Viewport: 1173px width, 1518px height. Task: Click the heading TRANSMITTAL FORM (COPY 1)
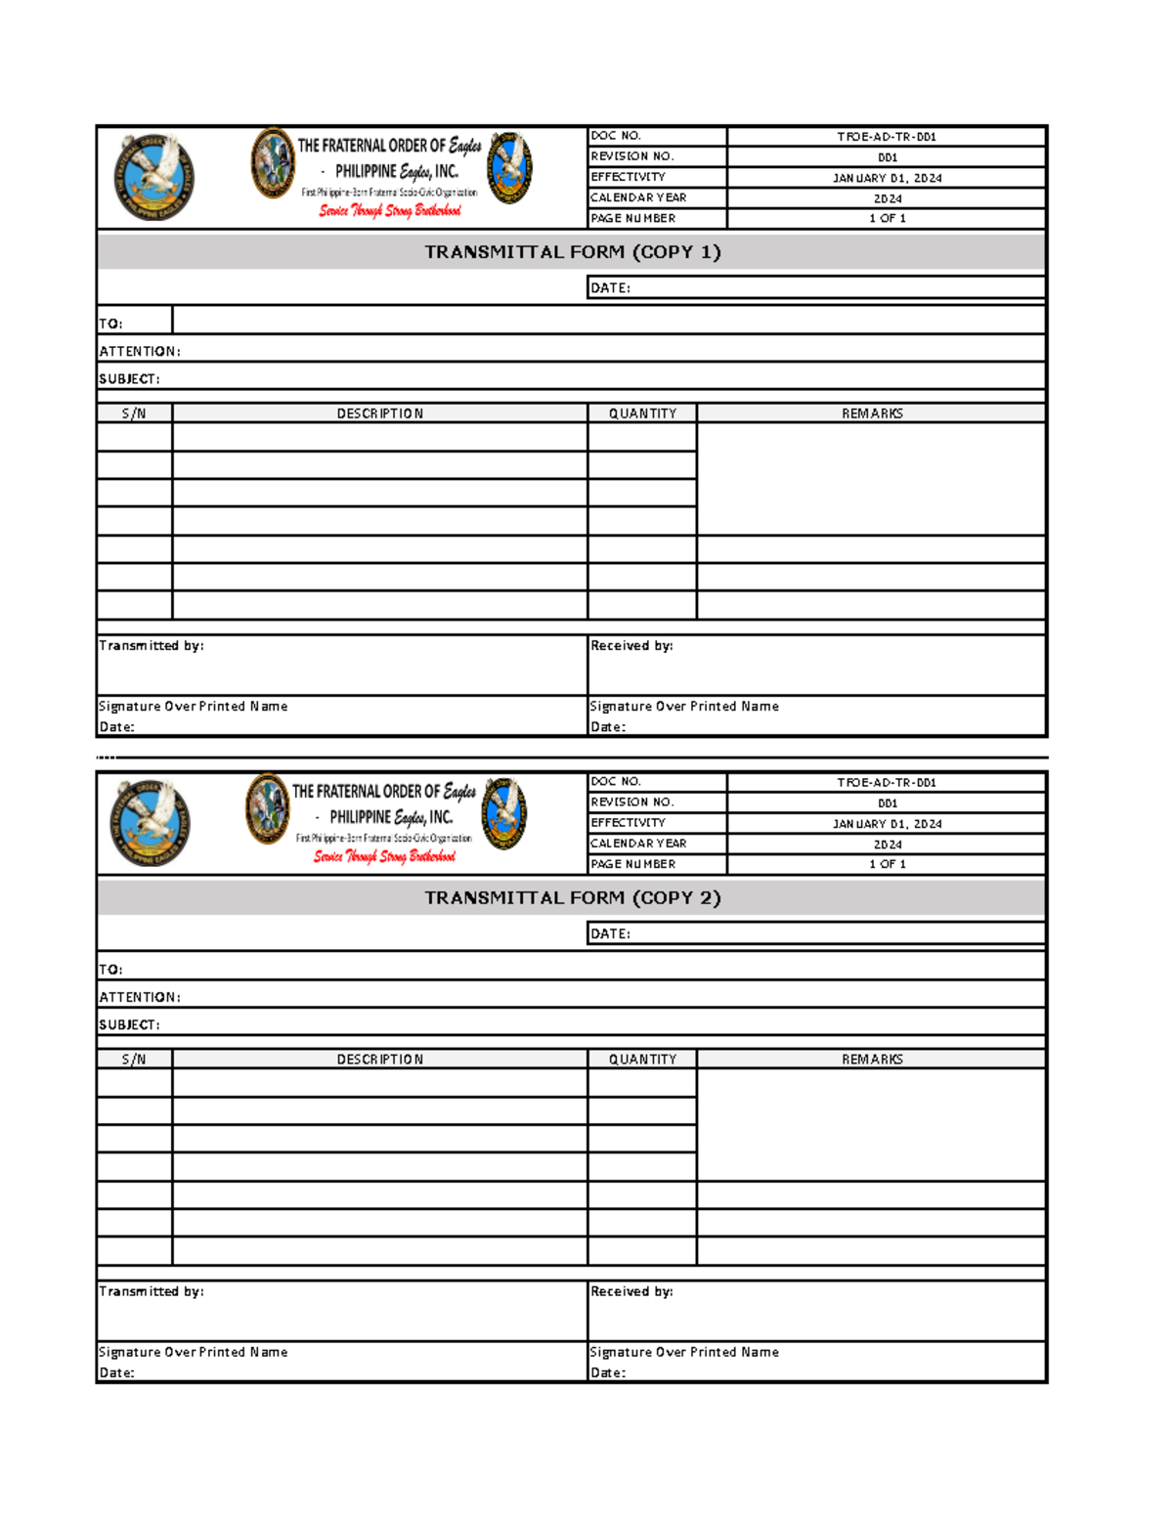click(x=572, y=252)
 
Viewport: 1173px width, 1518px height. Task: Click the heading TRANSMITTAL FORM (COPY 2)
click(x=572, y=898)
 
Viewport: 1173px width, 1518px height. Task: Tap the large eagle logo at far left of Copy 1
click(x=153, y=177)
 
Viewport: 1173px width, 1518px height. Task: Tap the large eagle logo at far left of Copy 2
click(x=150, y=823)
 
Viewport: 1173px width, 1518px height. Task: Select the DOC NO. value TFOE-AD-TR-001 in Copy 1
click(x=886, y=137)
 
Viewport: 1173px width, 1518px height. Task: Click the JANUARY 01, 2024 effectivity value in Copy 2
click(x=886, y=824)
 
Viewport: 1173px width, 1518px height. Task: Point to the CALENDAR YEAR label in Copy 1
click(x=637, y=197)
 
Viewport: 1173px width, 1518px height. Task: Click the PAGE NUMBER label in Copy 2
click(x=632, y=864)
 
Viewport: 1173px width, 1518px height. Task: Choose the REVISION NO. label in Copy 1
click(x=631, y=156)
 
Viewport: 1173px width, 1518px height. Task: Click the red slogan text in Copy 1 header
click(x=389, y=211)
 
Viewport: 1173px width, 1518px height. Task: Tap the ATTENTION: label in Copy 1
click(x=139, y=351)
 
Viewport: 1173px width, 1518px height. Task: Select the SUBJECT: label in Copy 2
click(x=129, y=1024)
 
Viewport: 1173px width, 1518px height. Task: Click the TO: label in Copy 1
click(x=110, y=324)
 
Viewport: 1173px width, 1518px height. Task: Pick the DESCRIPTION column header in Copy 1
click(x=379, y=413)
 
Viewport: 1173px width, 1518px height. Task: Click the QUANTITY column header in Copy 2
click(x=642, y=1060)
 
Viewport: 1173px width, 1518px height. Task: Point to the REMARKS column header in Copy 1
click(x=872, y=413)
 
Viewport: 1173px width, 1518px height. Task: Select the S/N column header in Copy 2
click(x=134, y=1060)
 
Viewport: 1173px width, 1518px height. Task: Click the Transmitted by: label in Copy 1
click(x=152, y=646)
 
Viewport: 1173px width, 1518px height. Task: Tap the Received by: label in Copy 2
click(x=631, y=1291)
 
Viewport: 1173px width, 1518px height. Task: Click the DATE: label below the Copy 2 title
click(x=610, y=933)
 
